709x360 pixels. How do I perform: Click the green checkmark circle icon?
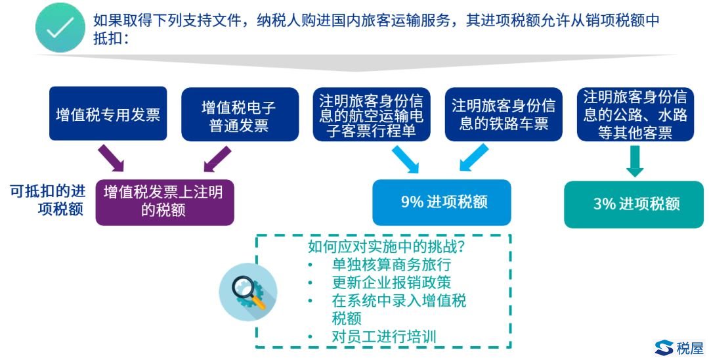[60, 27]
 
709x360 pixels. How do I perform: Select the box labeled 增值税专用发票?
[108, 114]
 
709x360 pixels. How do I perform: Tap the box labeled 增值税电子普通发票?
[240, 114]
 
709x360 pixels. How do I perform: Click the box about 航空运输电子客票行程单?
[372, 114]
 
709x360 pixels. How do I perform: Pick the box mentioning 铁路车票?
[504, 114]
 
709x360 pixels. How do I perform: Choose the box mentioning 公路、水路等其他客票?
[635, 114]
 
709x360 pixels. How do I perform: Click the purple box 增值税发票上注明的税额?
[165, 202]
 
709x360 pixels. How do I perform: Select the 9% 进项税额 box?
[442, 202]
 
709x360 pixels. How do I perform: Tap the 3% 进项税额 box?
[634, 204]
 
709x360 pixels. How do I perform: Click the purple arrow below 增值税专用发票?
[111, 158]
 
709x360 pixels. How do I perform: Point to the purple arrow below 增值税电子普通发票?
[217, 158]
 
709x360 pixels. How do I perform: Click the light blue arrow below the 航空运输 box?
[405, 159]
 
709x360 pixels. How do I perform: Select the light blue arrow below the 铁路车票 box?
[474, 158]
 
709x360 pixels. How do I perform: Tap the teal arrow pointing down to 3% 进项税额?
[635, 161]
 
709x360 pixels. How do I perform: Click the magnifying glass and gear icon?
[248, 292]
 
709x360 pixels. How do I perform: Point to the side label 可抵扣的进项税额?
[48, 200]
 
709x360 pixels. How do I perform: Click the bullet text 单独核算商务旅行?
[391, 264]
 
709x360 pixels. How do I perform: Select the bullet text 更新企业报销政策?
[391, 282]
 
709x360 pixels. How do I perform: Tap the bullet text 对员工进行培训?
[384, 336]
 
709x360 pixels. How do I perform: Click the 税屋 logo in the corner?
[679, 348]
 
